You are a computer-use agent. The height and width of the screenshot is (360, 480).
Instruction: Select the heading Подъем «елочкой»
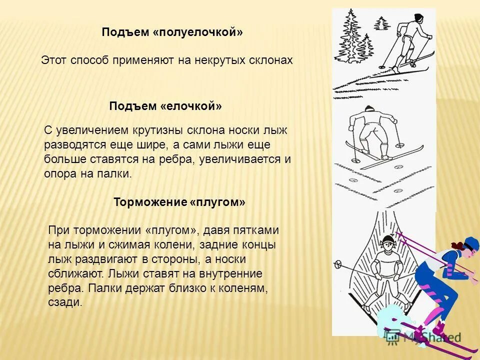(165, 106)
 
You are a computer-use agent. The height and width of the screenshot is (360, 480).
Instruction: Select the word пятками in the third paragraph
(255, 230)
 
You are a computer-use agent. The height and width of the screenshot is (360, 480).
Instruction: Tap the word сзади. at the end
(65, 303)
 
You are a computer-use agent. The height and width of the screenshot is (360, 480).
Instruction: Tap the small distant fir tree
(382, 23)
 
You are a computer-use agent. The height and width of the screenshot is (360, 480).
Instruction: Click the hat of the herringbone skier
(369, 108)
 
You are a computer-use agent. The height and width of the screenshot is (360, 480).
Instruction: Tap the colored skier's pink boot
(439, 327)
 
